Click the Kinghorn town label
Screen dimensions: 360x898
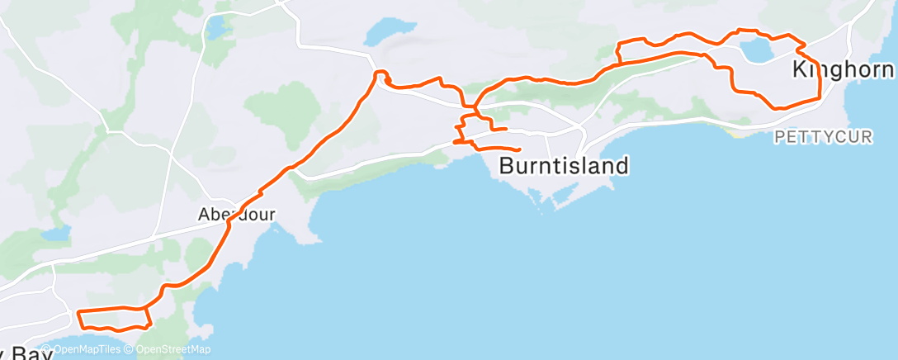[842, 69]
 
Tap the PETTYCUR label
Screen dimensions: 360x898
[822, 137]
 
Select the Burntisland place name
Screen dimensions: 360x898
[564, 166]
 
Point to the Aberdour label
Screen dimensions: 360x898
[236, 214]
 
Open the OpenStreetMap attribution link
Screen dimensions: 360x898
[172, 349]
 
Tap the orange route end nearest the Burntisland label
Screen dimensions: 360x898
[518, 149]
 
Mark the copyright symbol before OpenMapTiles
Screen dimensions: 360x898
[46, 349]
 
